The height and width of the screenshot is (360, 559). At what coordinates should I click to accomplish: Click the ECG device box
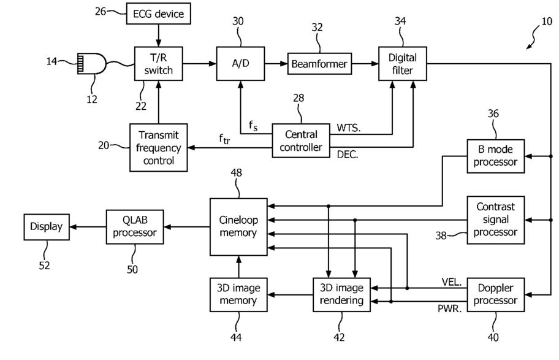pos(158,13)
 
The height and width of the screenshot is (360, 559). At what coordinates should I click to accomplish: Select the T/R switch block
pos(158,64)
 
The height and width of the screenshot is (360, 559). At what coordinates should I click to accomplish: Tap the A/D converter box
pos(240,64)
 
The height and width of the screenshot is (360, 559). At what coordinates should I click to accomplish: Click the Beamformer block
pos(319,64)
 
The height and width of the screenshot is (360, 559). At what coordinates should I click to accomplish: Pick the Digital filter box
pos(403,64)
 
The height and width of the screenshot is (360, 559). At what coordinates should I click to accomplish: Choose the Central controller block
pos(301,140)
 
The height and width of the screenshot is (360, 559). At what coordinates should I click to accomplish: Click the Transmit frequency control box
pos(158,147)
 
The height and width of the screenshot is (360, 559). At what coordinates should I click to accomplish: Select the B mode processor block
pos(495,156)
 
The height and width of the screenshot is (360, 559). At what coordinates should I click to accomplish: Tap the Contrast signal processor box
pos(495,220)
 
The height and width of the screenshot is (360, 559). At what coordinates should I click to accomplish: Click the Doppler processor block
pos(495,295)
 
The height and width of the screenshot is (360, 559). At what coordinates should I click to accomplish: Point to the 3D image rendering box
pos(341,295)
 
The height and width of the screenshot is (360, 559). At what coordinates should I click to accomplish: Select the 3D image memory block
pos(238,295)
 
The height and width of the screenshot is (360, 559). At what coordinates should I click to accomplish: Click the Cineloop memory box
pos(238,227)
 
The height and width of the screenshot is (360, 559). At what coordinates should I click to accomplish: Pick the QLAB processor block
pos(135,227)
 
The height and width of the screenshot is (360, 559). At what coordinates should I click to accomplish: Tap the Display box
pos(47,227)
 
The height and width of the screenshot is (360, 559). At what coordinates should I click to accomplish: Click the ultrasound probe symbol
pos(91,64)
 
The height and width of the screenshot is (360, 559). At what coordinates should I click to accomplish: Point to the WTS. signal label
pos(349,128)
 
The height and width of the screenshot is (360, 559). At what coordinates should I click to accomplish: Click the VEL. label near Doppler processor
pos(451,282)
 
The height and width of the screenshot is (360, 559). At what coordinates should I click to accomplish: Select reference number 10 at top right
pos(547,21)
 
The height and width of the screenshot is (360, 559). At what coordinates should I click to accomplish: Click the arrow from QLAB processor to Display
pos(88,227)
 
